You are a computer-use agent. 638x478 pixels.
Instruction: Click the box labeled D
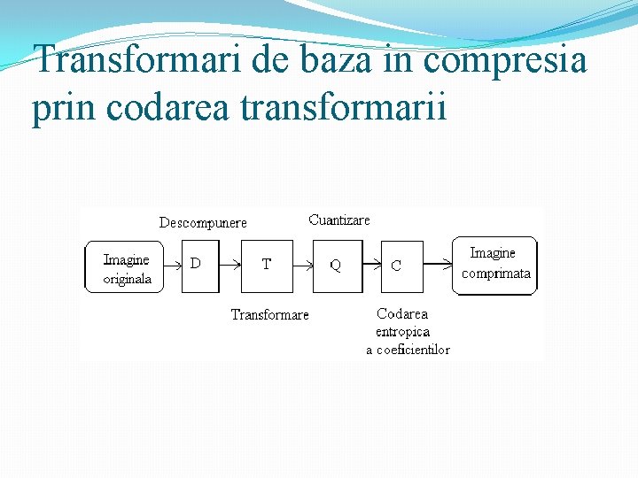coord(199,265)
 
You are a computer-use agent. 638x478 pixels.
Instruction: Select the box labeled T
coord(267,265)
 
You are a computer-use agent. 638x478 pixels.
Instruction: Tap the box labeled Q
coord(337,266)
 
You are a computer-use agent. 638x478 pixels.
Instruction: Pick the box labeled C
coord(402,266)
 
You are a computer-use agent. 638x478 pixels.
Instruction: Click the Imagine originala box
coord(125,267)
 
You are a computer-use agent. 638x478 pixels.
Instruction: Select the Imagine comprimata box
coord(495,265)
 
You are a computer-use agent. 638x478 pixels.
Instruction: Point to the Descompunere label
coord(203,223)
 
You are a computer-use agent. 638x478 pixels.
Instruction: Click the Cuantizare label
coord(339,220)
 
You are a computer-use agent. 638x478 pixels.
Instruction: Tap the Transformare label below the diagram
coord(270,315)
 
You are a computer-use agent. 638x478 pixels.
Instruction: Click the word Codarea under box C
coord(402,313)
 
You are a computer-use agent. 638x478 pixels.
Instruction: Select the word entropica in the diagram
coord(403,332)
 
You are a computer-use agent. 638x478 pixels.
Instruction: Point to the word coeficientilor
coord(414,350)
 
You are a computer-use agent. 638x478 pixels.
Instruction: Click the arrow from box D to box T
coord(230,265)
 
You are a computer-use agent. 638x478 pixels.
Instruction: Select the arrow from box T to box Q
coord(302,265)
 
